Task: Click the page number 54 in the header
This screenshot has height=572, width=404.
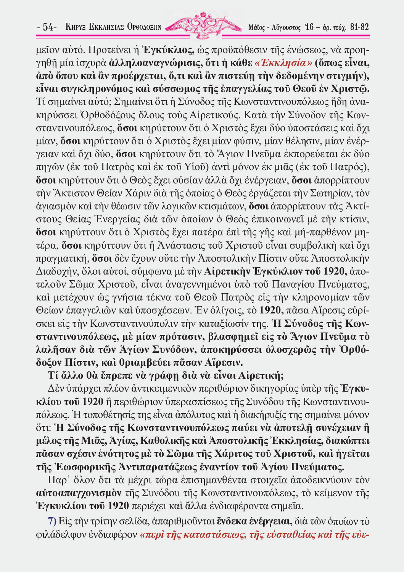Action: (x=47, y=27)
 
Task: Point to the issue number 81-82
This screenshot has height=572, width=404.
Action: (x=359, y=27)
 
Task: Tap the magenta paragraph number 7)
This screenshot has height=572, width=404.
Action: (x=52, y=521)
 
